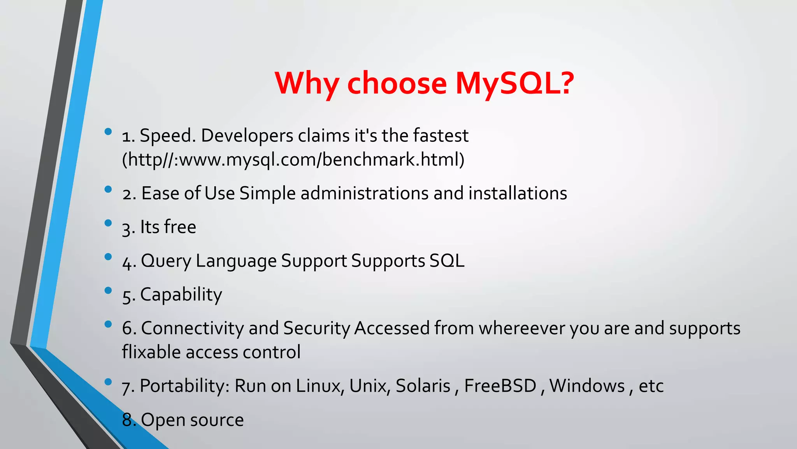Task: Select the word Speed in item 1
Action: click(165, 136)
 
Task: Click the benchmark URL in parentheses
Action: click(293, 160)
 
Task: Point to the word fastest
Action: click(441, 136)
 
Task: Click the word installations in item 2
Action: click(518, 193)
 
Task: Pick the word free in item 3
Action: click(180, 227)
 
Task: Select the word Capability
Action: click(181, 295)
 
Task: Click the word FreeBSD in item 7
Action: click(500, 386)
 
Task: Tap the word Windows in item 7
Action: click(587, 386)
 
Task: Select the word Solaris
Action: click(423, 386)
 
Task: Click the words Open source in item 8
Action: click(192, 420)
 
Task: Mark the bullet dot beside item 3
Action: click(108, 223)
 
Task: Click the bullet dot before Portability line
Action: click(108, 382)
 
